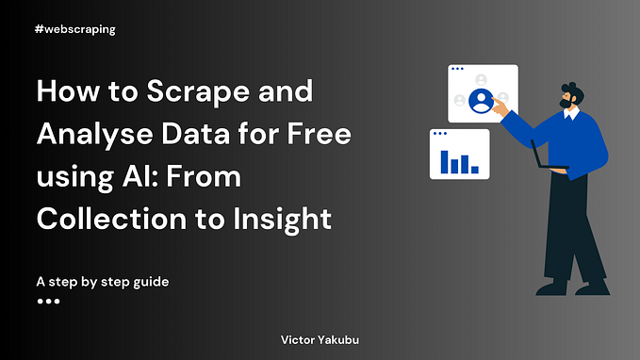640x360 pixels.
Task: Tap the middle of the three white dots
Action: (48, 302)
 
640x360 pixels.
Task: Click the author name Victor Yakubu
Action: (319, 336)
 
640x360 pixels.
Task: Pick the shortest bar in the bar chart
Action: (475, 170)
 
